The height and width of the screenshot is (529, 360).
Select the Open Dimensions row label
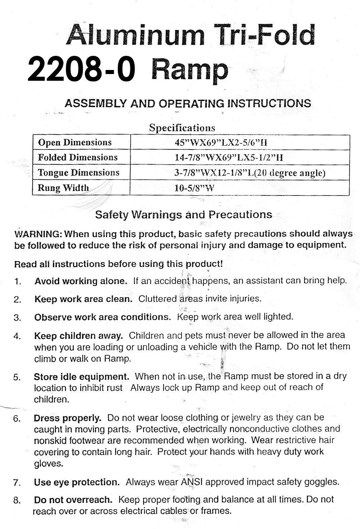[75, 142]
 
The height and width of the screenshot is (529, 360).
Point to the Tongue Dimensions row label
[78, 173]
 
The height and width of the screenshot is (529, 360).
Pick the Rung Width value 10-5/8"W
[194, 188]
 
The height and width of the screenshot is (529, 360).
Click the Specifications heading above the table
[182, 128]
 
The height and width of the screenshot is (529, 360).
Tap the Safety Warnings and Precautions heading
[184, 214]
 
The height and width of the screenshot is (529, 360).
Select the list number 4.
[18, 336]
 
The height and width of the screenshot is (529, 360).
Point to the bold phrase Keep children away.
[78, 336]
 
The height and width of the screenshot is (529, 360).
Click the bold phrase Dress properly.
[67, 418]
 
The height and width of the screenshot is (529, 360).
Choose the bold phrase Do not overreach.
[73, 500]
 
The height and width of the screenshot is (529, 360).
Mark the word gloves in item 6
[48, 463]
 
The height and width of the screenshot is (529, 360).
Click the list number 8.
[17, 500]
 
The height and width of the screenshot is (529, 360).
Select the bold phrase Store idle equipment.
[81, 377]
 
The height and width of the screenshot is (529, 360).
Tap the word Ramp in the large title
[190, 70]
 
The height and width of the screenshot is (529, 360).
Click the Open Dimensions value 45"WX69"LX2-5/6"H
[221, 142]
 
